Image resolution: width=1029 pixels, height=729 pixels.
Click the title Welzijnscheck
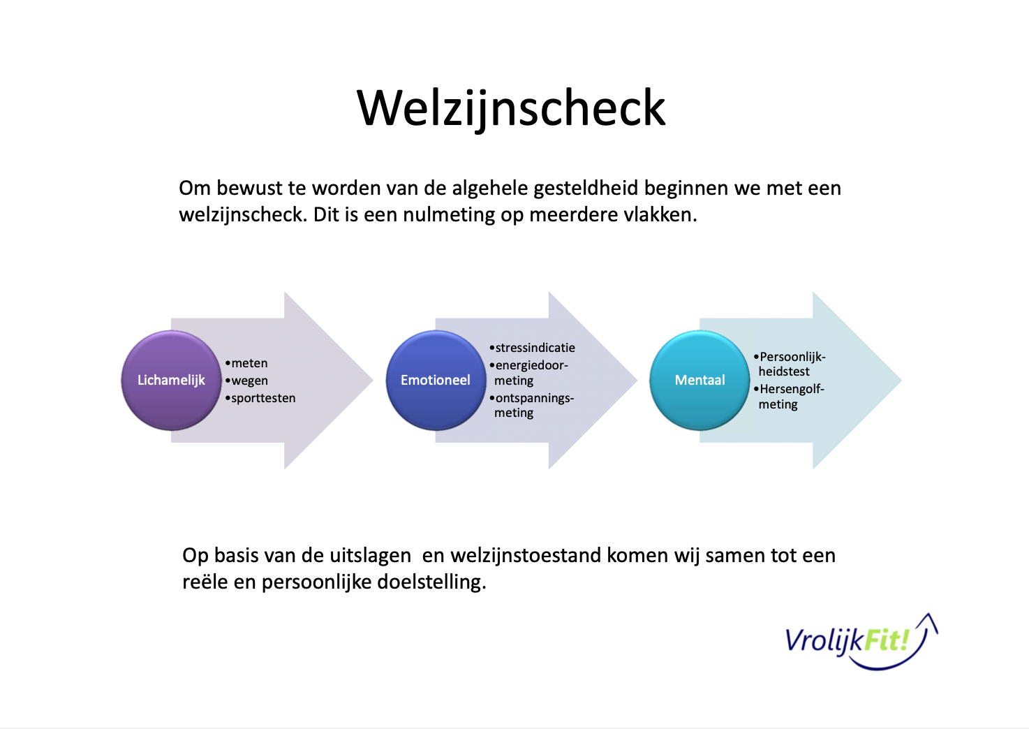point(511,108)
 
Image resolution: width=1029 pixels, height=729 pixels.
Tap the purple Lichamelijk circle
point(171,380)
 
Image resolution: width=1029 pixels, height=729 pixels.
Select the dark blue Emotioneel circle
point(435,380)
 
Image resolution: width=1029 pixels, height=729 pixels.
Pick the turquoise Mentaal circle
point(699,380)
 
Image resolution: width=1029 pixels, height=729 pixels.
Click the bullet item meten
point(249,363)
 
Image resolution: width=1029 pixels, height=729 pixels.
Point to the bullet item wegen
point(249,381)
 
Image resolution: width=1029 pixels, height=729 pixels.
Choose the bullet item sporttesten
point(263,398)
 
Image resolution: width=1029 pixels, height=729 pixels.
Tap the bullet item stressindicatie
point(535,348)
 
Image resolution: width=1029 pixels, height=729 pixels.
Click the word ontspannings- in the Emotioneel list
point(534,398)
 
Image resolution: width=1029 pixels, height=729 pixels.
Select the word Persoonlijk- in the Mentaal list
point(792,357)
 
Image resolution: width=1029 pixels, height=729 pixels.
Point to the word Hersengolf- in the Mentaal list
point(792,389)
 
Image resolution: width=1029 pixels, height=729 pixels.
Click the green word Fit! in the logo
point(887,640)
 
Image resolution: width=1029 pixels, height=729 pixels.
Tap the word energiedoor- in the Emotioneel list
point(531,365)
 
